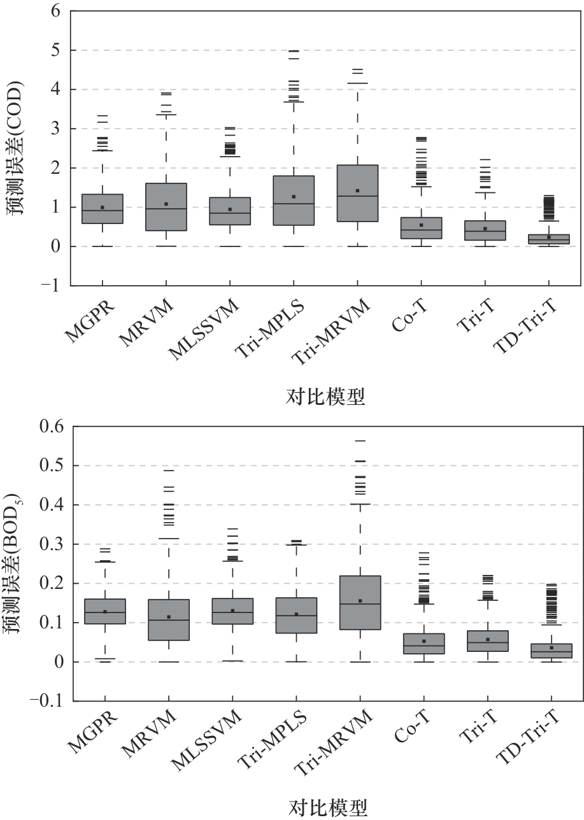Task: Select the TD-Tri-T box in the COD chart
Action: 549,239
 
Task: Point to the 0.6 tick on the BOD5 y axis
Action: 49,427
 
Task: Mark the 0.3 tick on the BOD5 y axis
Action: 49,544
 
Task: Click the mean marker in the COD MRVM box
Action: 166,204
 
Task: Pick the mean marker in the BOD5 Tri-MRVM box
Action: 360,601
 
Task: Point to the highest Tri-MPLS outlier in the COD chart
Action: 294,51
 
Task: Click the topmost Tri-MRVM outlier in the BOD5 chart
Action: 360,441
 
